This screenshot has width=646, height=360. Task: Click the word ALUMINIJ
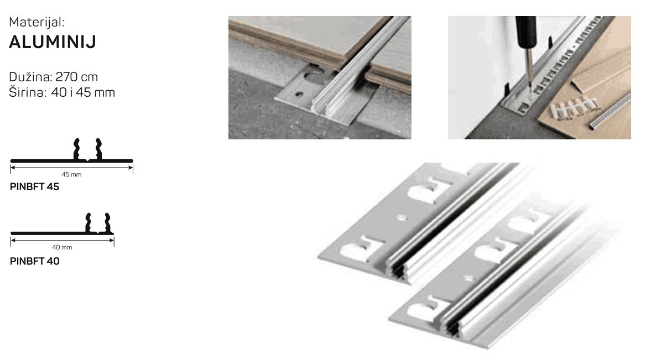click(53, 41)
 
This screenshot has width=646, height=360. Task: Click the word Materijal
click(35, 22)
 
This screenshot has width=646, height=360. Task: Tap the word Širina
click(27, 92)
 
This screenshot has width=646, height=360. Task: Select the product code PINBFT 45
click(35, 186)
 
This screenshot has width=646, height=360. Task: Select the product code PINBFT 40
click(35, 261)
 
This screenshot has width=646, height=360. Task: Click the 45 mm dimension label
click(71, 175)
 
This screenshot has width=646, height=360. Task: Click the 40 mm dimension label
click(62, 248)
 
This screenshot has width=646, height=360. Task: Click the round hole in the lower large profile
click(468, 278)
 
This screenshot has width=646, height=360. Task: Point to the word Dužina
click(30, 77)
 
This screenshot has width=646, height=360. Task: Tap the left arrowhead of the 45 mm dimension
click(13, 168)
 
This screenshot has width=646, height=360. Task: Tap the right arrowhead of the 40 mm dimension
click(112, 241)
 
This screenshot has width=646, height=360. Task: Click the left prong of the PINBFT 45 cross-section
click(77, 149)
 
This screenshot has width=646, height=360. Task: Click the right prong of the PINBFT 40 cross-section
click(107, 223)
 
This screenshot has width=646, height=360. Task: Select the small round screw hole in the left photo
click(300, 95)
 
